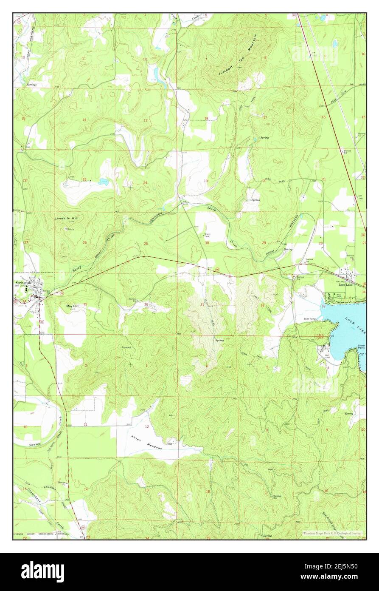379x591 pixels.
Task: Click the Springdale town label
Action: pyautogui.click(x=24, y=282)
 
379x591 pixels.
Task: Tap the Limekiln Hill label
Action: pyautogui.click(x=67, y=218)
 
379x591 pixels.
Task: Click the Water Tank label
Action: pyautogui.click(x=208, y=235)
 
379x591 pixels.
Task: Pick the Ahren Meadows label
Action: pyautogui.click(x=146, y=445)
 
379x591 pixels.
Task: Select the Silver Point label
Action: pyautogui.click(x=361, y=347)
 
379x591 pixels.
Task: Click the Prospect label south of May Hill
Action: pyautogui.click(x=126, y=347)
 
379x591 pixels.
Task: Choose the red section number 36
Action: pyautogui.click(x=146, y=304)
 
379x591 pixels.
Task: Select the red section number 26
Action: pyautogui.click(x=84, y=243)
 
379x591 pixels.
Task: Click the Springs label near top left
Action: pyautogui.click(x=31, y=85)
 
